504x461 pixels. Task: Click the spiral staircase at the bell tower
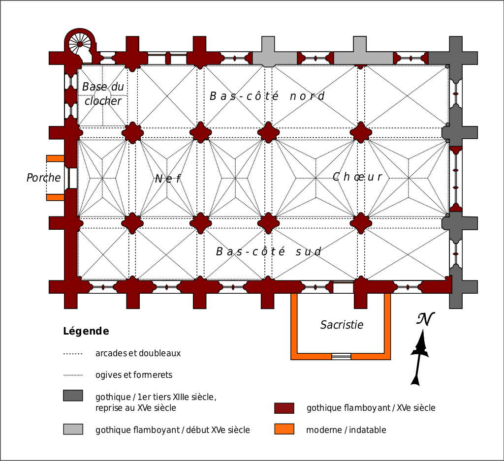(80, 44)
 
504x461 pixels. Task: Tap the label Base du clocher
(103, 94)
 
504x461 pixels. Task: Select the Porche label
(44, 178)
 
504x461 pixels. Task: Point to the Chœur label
(357, 177)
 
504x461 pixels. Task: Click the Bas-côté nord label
(267, 96)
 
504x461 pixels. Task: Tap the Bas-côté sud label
(269, 252)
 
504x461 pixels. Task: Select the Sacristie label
(342, 325)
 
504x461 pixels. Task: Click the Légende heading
(86, 331)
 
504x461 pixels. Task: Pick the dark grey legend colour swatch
(73, 396)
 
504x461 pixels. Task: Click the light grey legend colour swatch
(73, 429)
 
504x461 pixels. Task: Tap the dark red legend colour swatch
(284, 408)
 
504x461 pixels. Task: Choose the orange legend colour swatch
(284, 429)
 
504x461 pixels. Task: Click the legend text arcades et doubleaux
(138, 353)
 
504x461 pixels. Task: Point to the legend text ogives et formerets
(134, 375)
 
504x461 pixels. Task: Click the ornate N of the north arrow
(425, 320)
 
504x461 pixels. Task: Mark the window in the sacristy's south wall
(341, 356)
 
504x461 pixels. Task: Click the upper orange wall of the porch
(55, 158)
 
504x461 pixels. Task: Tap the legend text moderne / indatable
(346, 430)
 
